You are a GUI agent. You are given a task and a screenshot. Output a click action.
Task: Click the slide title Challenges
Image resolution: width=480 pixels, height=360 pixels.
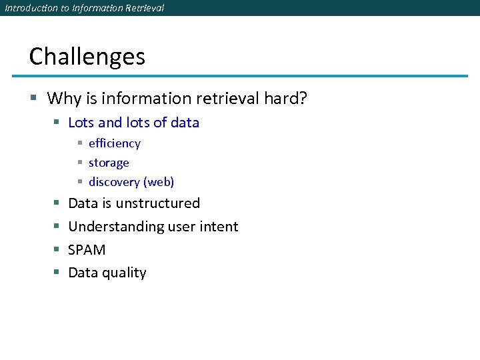click(87, 57)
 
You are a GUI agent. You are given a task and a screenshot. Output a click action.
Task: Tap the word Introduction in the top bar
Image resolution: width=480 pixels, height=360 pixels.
click(28, 8)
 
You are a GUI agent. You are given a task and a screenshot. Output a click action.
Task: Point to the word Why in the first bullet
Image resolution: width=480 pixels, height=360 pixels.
click(64, 99)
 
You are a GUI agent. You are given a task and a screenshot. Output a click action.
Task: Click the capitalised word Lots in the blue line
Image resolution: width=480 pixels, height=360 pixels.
click(81, 123)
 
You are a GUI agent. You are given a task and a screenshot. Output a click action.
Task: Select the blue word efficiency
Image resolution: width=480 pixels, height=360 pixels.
click(115, 143)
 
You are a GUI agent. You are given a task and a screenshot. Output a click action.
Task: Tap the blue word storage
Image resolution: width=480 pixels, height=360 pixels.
click(109, 163)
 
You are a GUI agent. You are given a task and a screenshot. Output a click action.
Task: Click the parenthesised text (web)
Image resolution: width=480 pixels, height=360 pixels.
click(159, 182)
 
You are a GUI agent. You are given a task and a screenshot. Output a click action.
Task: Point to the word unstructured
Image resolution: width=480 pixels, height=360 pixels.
click(157, 203)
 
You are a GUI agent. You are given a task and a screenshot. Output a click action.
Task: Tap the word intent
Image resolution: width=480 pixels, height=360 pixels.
click(219, 227)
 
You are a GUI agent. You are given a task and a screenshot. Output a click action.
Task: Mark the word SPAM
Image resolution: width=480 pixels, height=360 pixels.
click(87, 250)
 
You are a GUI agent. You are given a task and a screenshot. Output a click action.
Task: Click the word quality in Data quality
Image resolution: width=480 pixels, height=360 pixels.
click(125, 273)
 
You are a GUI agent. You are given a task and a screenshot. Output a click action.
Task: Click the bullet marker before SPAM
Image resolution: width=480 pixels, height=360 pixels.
click(56, 250)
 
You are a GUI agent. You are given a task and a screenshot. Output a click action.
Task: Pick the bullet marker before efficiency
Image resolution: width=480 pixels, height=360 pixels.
click(79, 143)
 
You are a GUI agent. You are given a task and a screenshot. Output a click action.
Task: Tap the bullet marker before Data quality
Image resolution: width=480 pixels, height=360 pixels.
click(56, 273)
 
